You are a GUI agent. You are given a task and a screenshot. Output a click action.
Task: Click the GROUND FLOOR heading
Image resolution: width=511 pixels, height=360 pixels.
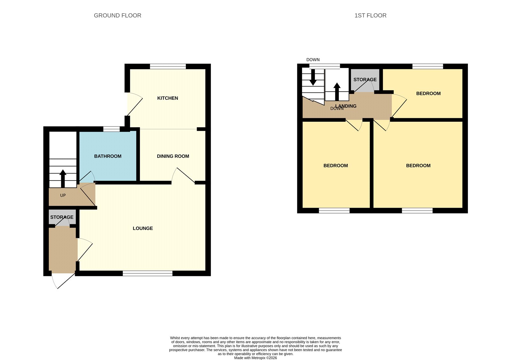coord(118,16)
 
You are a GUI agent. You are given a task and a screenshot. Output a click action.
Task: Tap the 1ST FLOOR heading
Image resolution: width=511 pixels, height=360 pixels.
coord(370,16)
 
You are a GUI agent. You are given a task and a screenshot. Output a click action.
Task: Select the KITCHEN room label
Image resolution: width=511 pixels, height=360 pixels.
coord(167,98)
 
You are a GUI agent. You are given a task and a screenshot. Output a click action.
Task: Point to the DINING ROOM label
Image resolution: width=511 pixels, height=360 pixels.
coord(173,156)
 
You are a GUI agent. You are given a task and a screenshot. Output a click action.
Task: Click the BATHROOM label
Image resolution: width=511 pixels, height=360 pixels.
coord(108,156)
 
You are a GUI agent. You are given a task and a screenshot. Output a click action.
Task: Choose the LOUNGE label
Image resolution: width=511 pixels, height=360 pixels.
coord(143,228)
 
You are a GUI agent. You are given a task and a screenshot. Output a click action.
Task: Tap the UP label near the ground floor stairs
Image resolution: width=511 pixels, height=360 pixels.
coord(63,195)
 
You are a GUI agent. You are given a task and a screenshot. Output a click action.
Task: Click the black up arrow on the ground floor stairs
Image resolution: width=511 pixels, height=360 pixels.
coord(63,179)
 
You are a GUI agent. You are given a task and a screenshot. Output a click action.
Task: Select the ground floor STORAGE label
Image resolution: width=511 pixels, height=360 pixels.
coord(62,217)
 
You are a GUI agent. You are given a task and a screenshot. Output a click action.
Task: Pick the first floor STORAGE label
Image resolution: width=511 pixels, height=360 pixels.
coord(365,80)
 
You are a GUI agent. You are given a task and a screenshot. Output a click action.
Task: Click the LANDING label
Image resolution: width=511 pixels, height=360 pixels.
coord(346,106)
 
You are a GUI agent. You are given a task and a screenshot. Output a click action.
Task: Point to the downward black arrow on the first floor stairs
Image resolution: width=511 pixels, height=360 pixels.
coord(313,77)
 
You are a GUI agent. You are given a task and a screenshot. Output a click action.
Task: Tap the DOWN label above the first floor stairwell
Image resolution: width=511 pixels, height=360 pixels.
coord(313,60)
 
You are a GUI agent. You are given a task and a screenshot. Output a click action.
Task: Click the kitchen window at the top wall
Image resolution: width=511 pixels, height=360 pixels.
coord(168,66)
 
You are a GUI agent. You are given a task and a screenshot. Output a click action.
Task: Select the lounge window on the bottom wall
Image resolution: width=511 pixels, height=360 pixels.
coord(148,273)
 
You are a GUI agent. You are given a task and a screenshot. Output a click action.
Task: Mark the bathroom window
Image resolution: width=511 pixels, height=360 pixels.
coord(111,129)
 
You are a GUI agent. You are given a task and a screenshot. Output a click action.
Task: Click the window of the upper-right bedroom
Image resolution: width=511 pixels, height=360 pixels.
coord(428,66)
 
